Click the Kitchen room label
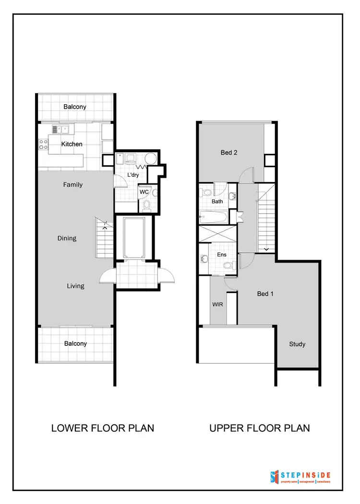click(72, 144)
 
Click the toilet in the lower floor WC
click(147, 206)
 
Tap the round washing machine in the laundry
click(150, 159)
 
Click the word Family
click(73, 184)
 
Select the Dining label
click(67, 238)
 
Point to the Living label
click(75, 286)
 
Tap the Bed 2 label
click(229, 152)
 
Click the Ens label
click(222, 255)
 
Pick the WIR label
click(217, 304)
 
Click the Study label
click(297, 344)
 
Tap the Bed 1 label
click(265, 294)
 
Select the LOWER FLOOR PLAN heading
click(103, 428)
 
